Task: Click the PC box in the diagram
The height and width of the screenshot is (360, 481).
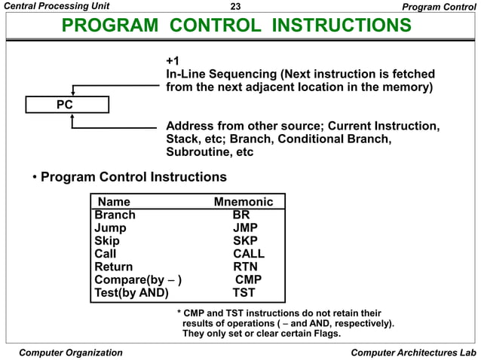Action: coord(65,105)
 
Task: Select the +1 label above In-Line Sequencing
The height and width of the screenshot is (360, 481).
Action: coord(173,60)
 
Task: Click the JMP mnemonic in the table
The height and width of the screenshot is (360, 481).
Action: coord(246,228)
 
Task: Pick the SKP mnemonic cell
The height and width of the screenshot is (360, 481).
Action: coord(246,241)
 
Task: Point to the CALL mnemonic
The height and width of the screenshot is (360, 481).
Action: coord(248,254)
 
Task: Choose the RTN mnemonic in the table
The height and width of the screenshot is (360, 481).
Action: coord(245,267)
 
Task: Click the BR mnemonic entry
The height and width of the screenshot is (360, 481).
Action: coord(241,215)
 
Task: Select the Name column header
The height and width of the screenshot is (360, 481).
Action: coord(114,202)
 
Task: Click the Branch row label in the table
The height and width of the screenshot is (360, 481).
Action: coord(115,215)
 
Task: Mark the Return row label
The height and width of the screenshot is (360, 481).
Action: coord(113,267)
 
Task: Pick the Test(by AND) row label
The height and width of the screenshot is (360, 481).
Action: coord(131,293)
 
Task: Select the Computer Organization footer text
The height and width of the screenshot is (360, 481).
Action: coord(70,352)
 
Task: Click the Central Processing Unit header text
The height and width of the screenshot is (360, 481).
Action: coord(60,8)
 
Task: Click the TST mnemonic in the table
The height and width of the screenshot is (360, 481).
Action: coord(244,293)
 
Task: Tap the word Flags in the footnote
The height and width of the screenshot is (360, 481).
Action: coord(322,334)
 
